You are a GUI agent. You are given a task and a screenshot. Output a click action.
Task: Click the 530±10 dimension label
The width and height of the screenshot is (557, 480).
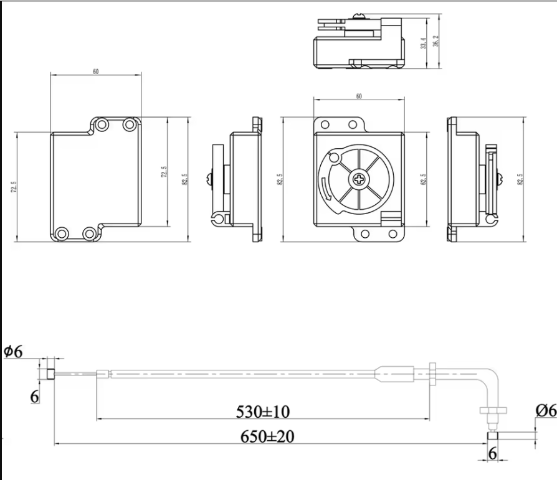[262, 412]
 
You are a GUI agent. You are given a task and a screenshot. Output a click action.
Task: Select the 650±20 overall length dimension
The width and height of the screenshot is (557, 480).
[267, 436]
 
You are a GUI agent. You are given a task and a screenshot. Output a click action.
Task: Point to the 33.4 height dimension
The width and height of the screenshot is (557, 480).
[423, 43]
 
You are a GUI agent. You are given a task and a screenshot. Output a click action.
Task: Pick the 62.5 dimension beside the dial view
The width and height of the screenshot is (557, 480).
[423, 180]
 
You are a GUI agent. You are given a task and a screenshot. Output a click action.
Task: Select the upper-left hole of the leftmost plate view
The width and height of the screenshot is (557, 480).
[102, 125]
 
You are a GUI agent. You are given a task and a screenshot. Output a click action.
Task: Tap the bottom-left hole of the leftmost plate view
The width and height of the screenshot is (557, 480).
[61, 233]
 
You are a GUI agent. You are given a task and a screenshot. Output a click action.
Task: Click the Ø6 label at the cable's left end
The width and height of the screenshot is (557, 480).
[12, 352]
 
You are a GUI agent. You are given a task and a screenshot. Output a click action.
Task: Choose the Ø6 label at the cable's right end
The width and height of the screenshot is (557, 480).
[545, 410]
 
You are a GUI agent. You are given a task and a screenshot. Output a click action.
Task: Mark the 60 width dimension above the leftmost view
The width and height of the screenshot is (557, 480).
[96, 72]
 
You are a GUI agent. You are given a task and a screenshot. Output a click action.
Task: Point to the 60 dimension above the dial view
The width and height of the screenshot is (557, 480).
[359, 96]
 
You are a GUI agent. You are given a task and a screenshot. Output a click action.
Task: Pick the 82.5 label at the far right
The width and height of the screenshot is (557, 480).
[520, 179]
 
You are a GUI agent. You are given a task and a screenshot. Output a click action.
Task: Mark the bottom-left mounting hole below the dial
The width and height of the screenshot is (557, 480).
[365, 234]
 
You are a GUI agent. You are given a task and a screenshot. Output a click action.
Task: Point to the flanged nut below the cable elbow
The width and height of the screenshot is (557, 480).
[492, 410]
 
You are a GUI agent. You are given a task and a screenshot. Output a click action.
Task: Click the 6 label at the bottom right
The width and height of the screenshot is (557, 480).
[492, 454]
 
